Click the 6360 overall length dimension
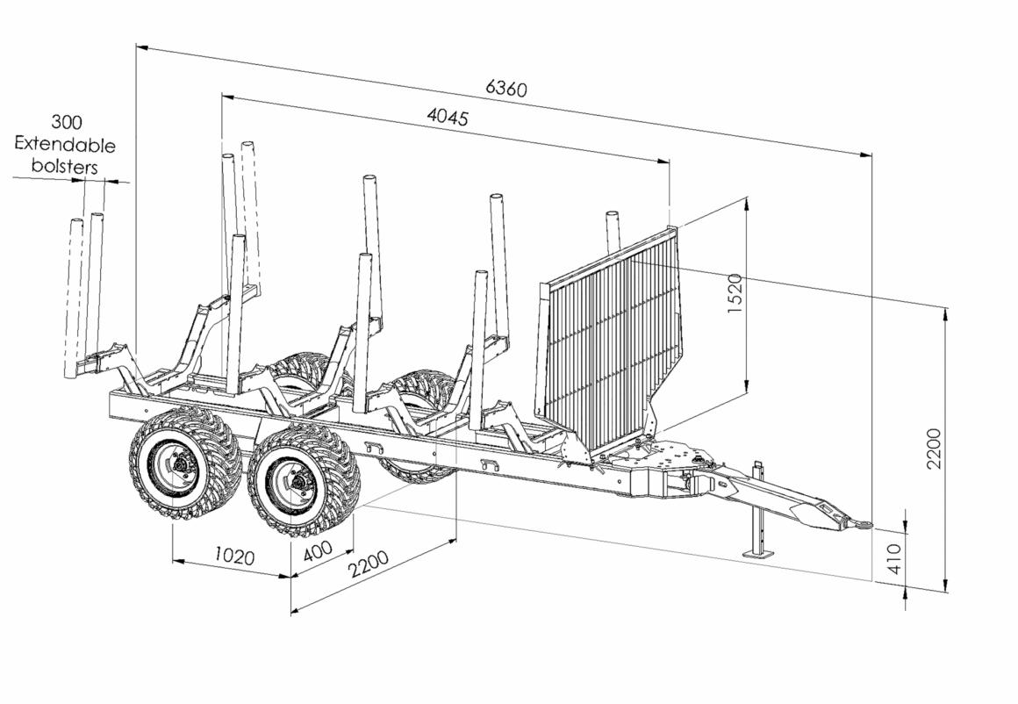[x=506, y=89]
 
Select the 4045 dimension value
[x=448, y=117]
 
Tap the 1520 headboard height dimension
[x=734, y=293]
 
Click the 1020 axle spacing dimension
[x=234, y=556]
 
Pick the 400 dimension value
[x=318, y=551]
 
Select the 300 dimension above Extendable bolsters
[x=67, y=121]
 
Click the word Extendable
[x=65, y=144]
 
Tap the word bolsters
[x=65, y=166]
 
